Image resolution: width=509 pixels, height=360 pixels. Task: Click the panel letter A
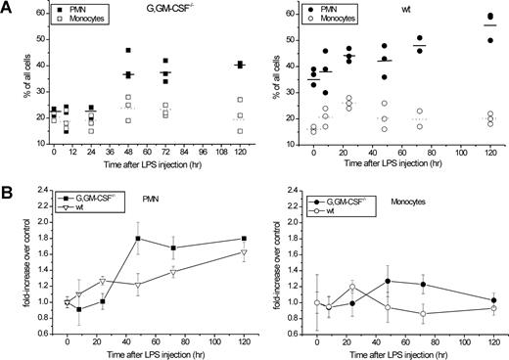[x=9, y=8]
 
